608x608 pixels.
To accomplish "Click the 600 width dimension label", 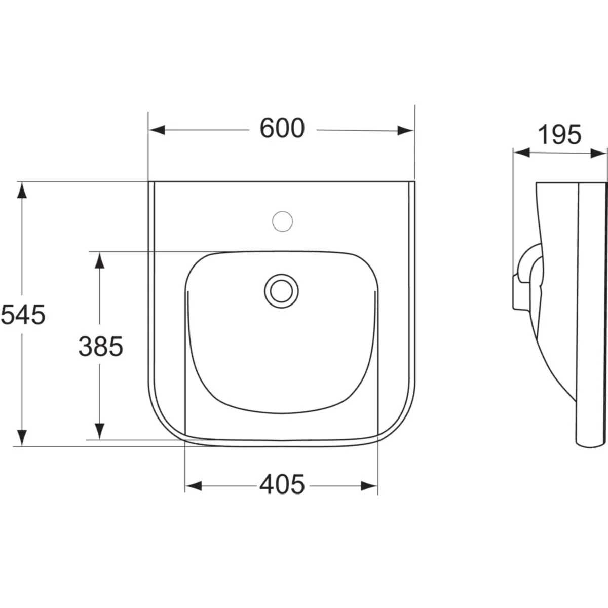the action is tap(282, 128).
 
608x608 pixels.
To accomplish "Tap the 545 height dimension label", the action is tap(23, 315).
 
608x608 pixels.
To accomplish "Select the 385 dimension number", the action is tap(101, 346).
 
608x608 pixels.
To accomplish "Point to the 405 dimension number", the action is tap(282, 484).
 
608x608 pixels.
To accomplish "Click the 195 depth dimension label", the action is tap(559, 135).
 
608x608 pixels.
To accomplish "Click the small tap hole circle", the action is tap(282, 221).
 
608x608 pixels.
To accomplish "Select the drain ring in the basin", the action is tap(281, 291).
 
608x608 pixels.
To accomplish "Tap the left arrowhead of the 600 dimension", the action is tap(157, 130).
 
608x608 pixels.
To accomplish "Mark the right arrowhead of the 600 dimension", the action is tap(405, 130).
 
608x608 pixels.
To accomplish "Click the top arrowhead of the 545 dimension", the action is tap(22, 191).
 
